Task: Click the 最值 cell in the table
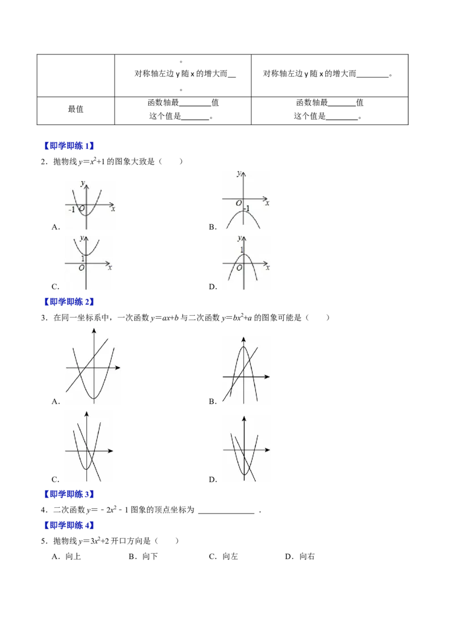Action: (x=75, y=109)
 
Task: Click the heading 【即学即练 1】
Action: (x=69, y=145)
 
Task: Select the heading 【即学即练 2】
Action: (x=69, y=302)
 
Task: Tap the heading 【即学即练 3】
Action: (x=69, y=494)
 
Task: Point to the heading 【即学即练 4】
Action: (x=69, y=525)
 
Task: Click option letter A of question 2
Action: (x=56, y=227)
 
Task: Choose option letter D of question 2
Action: (x=213, y=287)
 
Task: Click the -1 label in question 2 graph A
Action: (x=72, y=210)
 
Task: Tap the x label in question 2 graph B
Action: (x=267, y=203)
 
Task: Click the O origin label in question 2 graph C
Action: (x=82, y=268)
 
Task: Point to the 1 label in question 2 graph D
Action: (x=242, y=250)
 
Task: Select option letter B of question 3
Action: (x=213, y=402)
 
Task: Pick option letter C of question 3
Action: (x=55, y=479)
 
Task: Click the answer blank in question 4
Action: (x=226, y=512)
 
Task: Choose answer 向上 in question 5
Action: (x=73, y=557)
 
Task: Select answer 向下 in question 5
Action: (x=150, y=557)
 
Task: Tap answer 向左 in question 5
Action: (x=230, y=557)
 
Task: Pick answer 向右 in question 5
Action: (x=307, y=557)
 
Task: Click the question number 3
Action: (x=44, y=318)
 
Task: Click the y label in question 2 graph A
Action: (x=83, y=183)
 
